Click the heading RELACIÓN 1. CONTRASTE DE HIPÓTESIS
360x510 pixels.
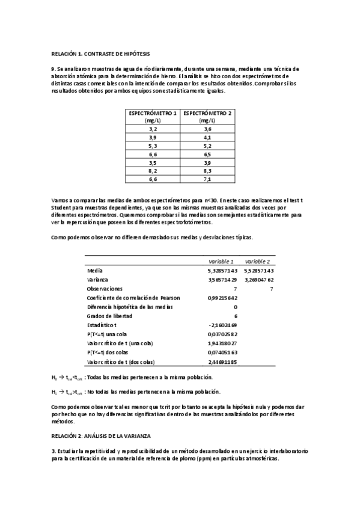pyautogui.click(x=100, y=53)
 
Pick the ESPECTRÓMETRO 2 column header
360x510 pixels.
pyautogui.click(x=207, y=116)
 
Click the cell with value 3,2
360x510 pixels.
pyautogui.click(x=152, y=129)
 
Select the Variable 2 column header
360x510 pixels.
pyautogui.click(x=257, y=262)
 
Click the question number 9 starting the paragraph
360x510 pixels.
pyautogui.click(x=53, y=69)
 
